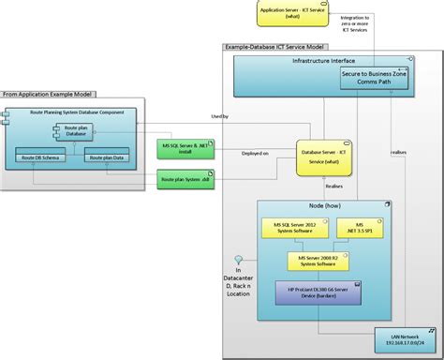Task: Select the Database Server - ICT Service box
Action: pyautogui.click(x=320, y=156)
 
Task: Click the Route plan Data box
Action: pyautogui.click(x=106, y=159)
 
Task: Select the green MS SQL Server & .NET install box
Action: pyautogui.click(x=184, y=148)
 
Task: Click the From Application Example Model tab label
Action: pyautogui.click(x=48, y=94)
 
